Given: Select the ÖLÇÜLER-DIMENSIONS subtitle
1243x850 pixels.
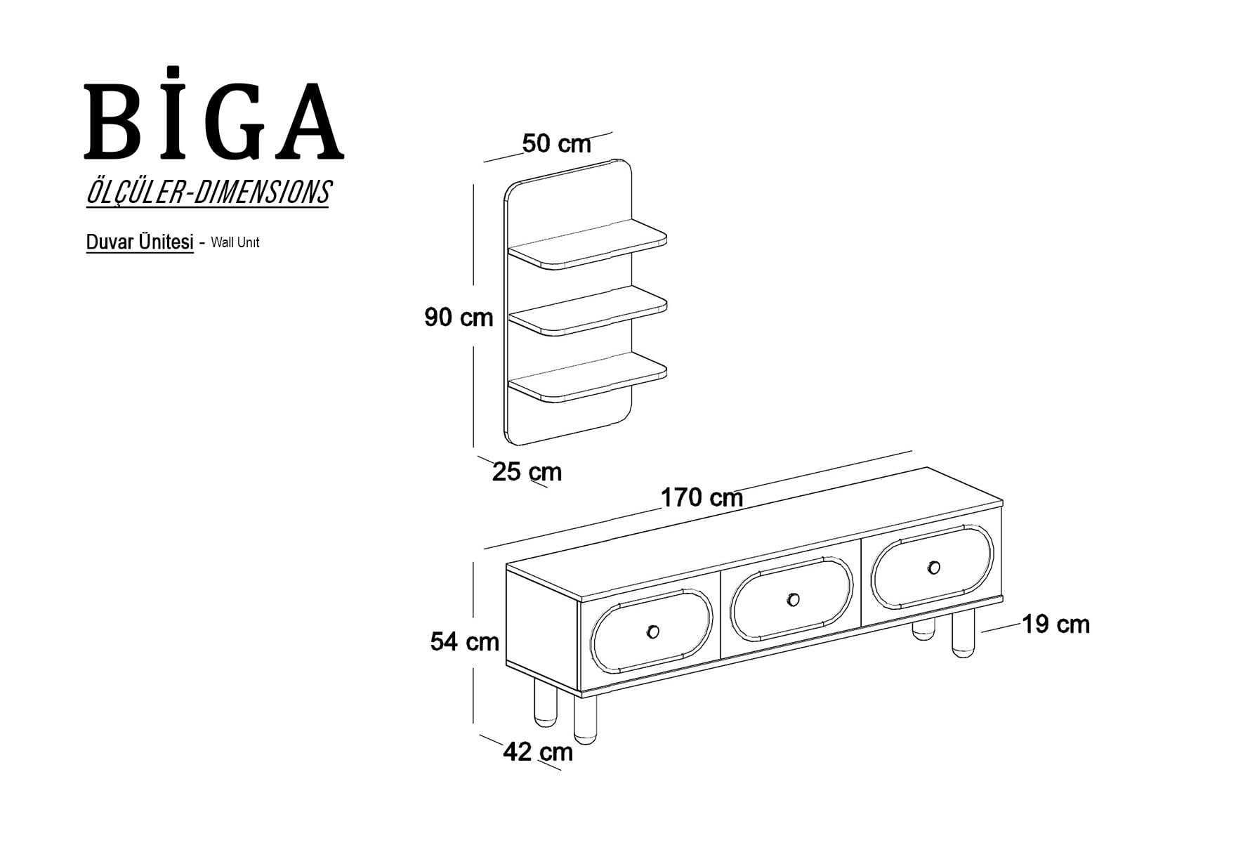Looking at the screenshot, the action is click(x=208, y=192).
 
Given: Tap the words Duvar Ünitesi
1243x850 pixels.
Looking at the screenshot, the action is click(x=140, y=242).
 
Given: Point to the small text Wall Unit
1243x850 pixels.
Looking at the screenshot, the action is click(x=235, y=243).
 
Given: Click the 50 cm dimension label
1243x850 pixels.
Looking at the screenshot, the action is click(x=557, y=143).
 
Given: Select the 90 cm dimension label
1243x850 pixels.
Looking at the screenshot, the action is click(x=459, y=318).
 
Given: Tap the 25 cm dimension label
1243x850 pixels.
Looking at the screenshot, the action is click(x=527, y=471).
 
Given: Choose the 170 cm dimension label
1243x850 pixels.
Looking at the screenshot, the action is click(x=702, y=497).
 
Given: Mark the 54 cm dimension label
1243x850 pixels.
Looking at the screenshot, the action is click(x=465, y=641).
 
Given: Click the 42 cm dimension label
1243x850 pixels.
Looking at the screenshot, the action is click(x=538, y=752).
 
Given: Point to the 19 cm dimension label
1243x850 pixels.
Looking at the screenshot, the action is click(x=1055, y=624).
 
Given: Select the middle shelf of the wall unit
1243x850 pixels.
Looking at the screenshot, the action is click(x=587, y=310).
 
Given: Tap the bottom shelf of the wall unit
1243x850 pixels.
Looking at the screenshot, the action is click(x=587, y=377).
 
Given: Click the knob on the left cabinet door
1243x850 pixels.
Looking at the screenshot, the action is click(x=652, y=632).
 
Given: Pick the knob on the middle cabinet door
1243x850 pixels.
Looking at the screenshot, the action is click(x=793, y=599).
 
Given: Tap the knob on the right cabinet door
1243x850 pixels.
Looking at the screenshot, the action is click(x=933, y=568).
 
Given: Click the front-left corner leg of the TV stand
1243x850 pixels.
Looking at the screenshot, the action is click(x=586, y=719).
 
